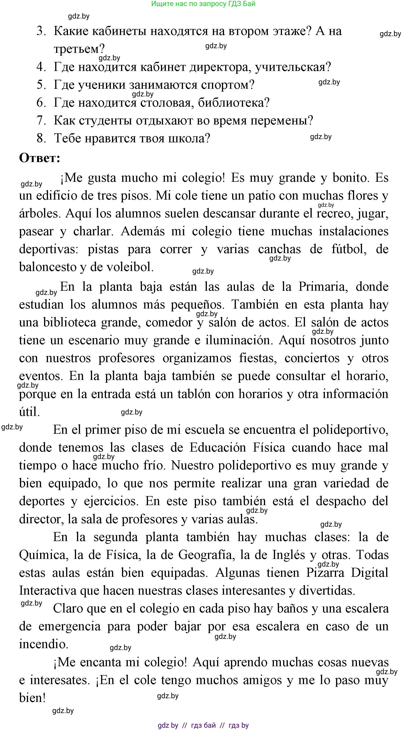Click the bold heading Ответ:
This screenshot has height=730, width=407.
point(40,158)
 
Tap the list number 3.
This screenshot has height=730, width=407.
point(41,31)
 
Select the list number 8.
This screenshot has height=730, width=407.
point(41,138)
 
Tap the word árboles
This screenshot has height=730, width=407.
point(39,213)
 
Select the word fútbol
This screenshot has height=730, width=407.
point(349,249)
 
